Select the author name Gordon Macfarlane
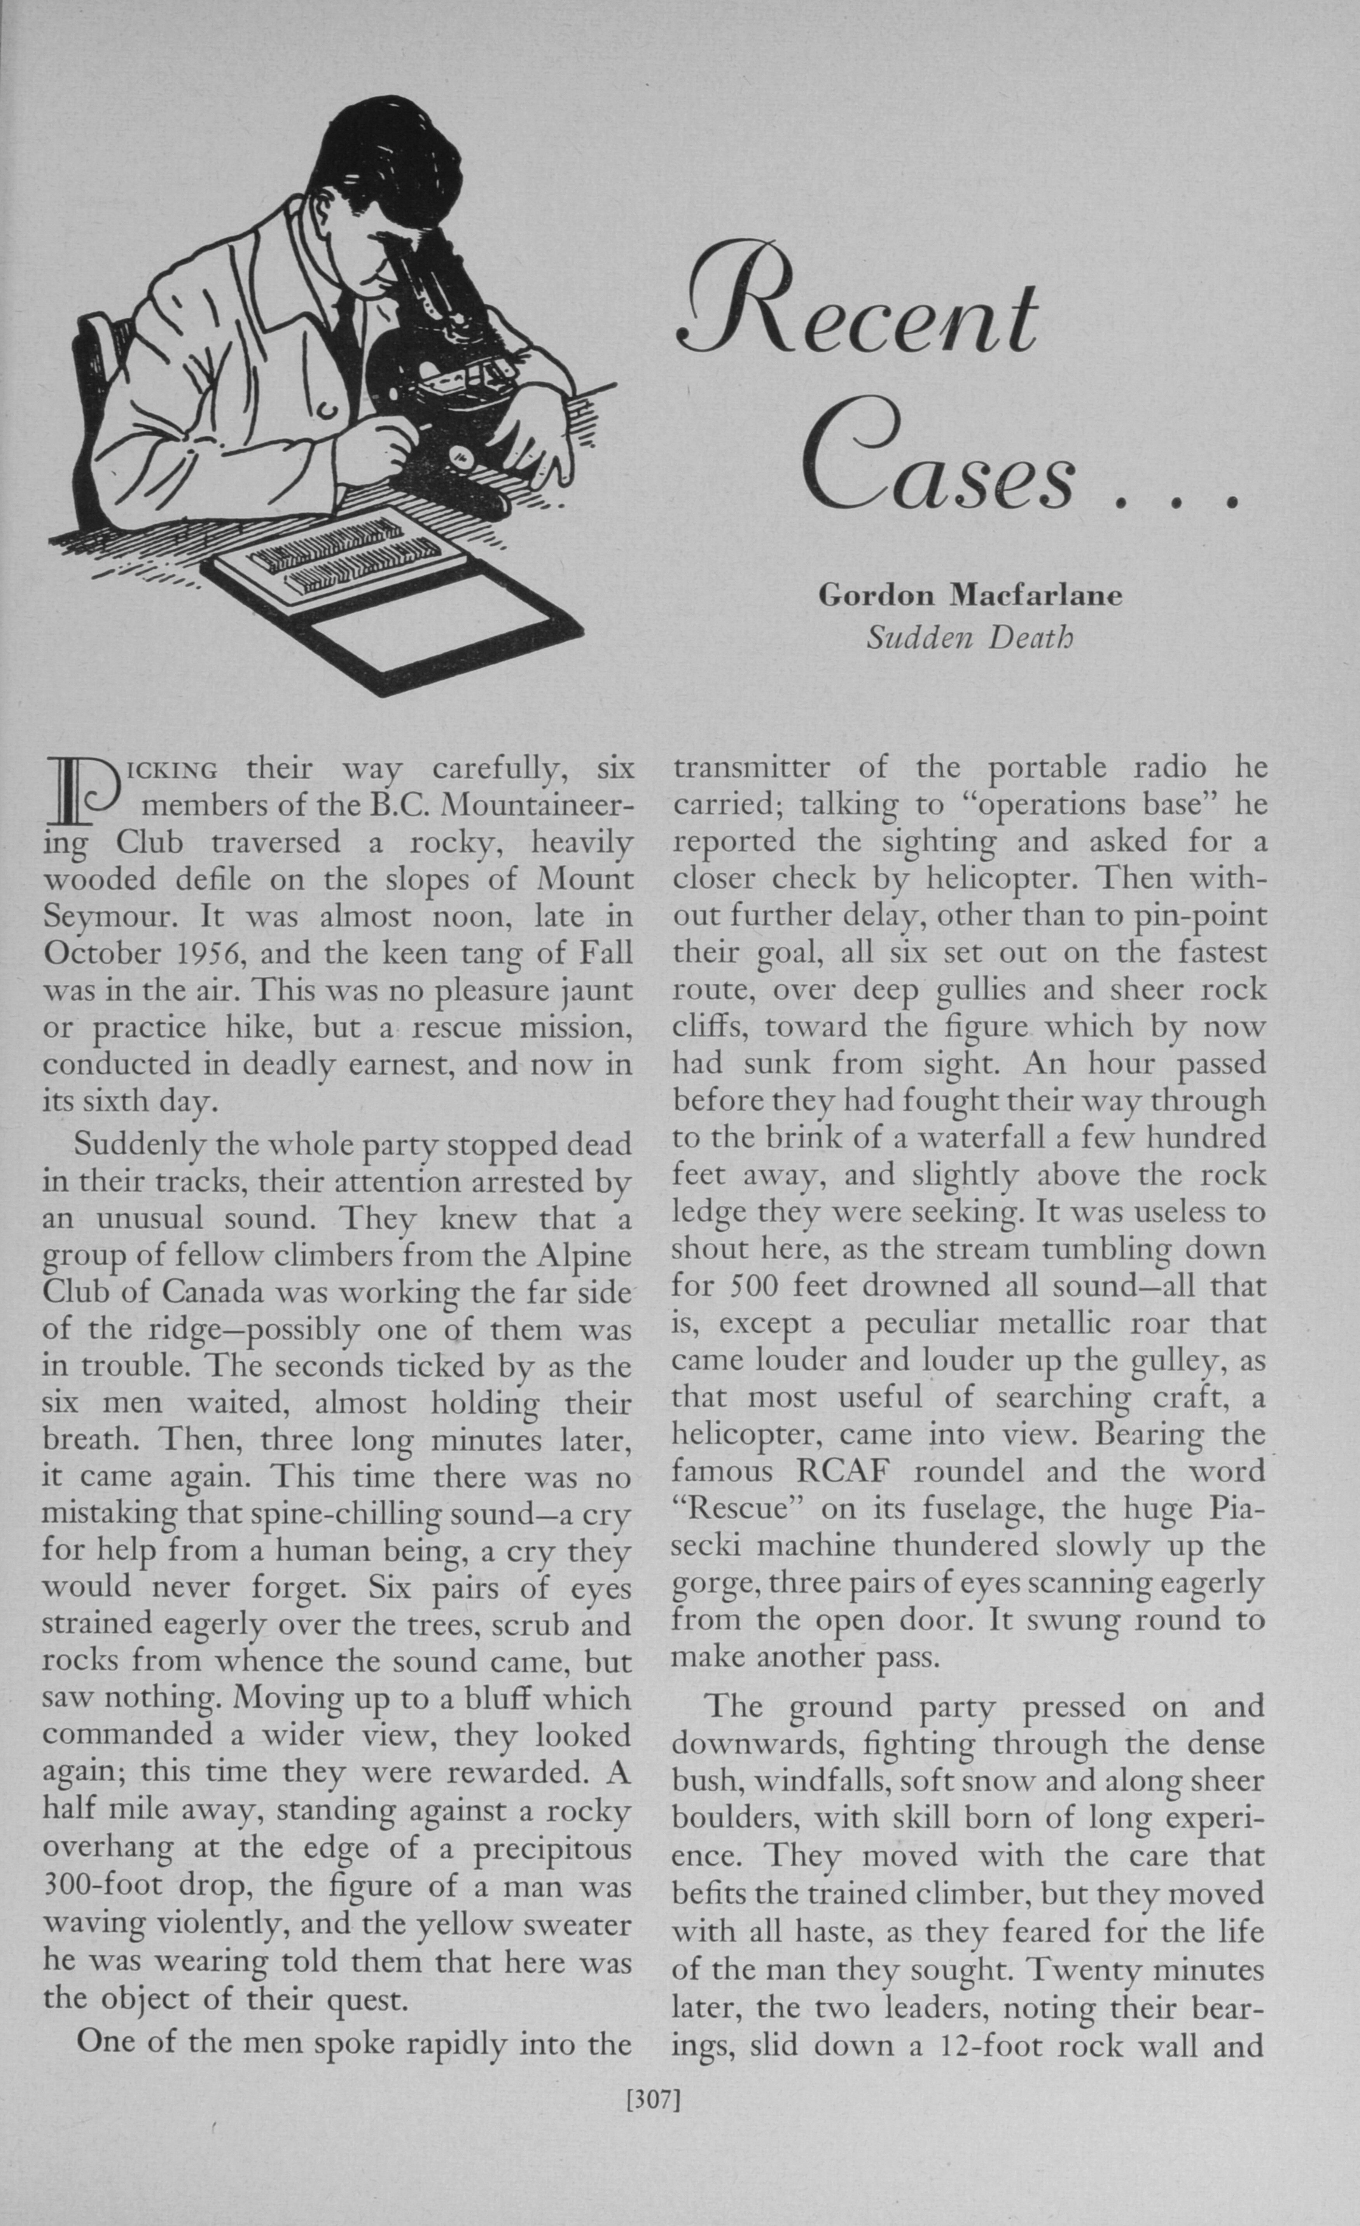970,595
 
